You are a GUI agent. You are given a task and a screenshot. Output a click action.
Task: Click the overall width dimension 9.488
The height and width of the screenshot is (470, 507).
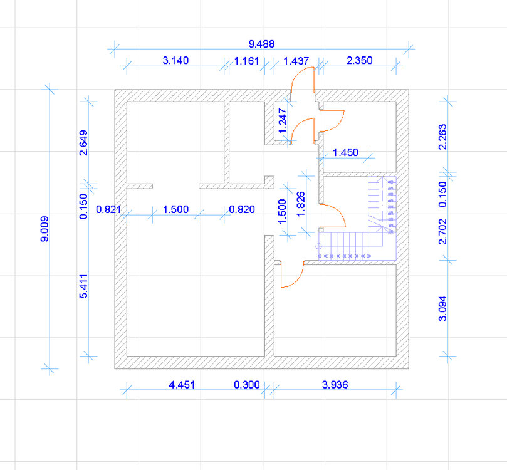pyautogui.click(x=261, y=44)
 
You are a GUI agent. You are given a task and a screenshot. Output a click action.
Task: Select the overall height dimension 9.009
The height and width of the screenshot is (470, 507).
pyautogui.click(x=44, y=229)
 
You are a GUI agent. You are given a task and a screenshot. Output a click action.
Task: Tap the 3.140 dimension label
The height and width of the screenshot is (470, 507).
pyautogui.click(x=175, y=60)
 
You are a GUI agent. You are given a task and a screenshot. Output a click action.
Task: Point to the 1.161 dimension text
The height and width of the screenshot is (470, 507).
pyautogui.click(x=246, y=61)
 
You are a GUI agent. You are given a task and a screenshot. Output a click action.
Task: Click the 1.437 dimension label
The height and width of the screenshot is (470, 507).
pyautogui.click(x=296, y=61)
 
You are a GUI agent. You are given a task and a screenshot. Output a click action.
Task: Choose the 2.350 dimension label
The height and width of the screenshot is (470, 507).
pyautogui.click(x=360, y=60)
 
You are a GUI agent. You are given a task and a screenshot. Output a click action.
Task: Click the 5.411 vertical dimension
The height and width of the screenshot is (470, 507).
pyautogui.click(x=83, y=286)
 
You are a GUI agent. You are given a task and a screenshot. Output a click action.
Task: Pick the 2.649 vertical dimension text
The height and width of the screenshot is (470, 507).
pyautogui.click(x=83, y=143)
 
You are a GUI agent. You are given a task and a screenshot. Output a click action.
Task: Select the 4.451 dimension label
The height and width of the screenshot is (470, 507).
pyautogui.click(x=182, y=385)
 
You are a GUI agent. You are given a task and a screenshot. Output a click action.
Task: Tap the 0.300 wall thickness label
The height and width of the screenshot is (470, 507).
pyautogui.click(x=247, y=385)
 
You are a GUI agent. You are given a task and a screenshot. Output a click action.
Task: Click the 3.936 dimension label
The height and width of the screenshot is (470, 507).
pyautogui.click(x=335, y=385)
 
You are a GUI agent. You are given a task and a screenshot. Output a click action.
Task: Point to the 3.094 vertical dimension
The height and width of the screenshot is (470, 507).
pyautogui.click(x=442, y=308)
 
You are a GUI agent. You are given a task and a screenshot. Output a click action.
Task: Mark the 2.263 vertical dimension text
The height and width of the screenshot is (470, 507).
pyautogui.click(x=442, y=137)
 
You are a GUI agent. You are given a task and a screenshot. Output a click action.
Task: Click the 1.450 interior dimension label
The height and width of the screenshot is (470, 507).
pyautogui.click(x=345, y=152)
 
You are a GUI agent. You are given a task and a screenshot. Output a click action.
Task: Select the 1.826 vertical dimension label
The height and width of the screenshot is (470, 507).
pyautogui.click(x=300, y=204)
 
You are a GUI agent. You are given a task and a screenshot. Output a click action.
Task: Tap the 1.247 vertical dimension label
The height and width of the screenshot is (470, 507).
pyautogui.click(x=283, y=121)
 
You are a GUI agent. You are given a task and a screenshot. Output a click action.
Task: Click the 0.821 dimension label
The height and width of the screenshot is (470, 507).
pyautogui.click(x=108, y=209)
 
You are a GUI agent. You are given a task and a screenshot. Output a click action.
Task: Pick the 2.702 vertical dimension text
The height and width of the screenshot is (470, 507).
pyautogui.click(x=442, y=231)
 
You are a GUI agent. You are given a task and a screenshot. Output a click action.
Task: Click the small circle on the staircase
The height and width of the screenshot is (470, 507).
pyautogui.click(x=318, y=246)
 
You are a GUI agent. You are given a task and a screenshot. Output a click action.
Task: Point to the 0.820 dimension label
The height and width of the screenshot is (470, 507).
pyautogui.click(x=242, y=209)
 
